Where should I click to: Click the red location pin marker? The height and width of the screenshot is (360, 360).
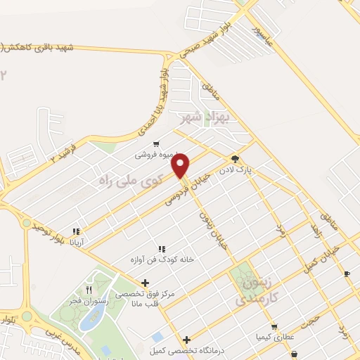181,166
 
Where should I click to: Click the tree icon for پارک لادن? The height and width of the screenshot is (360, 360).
235,160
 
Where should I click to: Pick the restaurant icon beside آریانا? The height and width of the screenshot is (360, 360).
76,231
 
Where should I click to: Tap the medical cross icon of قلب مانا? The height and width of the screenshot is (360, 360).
144,283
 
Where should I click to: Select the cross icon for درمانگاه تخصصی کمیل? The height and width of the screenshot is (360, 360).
186,340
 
